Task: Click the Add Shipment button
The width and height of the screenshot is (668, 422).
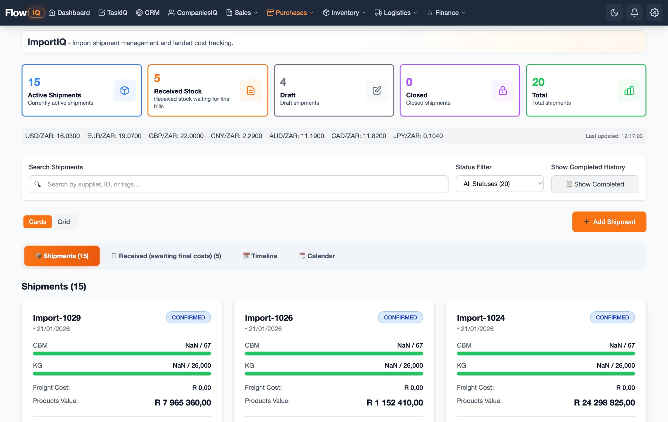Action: click(x=609, y=222)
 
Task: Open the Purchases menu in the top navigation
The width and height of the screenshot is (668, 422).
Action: click(x=290, y=13)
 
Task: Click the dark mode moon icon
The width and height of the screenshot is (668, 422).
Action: click(x=614, y=13)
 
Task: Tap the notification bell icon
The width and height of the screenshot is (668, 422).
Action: click(x=634, y=13)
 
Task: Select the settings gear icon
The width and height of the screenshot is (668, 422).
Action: click(x=654, y=13)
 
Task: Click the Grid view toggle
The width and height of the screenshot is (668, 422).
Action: click(x=64, y=222)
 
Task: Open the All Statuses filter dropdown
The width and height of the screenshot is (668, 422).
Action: click(x=499, y=184)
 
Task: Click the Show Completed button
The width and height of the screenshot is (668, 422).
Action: click(x=595, y=184)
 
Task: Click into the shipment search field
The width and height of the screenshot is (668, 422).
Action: click(x=238, y=184)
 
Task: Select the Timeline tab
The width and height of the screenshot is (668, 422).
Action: click(x=260, y=256)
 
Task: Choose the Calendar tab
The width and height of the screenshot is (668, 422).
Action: click(x=317, y=256)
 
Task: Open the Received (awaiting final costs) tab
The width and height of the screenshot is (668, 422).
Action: click(x=166, y=256)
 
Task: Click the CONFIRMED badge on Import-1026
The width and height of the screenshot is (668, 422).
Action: click(x=400, y=317)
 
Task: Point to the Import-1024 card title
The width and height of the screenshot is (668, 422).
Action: click(x=480, y=318)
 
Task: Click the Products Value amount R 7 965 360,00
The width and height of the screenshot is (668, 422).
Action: click(x=183, y=402)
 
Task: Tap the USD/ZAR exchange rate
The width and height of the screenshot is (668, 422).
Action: click(x=53, y=136)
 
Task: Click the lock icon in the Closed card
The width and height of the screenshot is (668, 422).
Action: click(x=502, y=90)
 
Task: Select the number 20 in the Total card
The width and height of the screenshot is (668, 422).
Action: click(x=538, y=82)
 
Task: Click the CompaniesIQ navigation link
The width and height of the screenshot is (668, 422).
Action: click(x=192, y=13)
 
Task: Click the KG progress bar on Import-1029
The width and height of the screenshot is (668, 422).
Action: click(x=122, y=373)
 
